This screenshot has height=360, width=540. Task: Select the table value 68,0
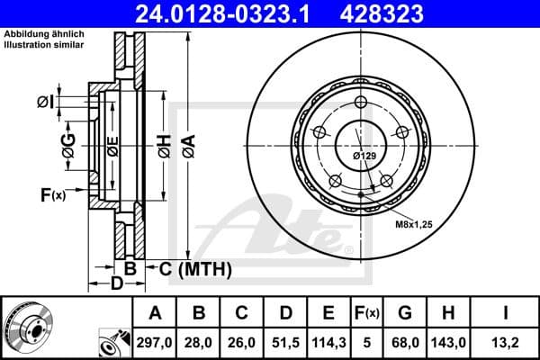406,342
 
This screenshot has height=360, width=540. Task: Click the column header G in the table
406,313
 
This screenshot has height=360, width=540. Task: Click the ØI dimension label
44,102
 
